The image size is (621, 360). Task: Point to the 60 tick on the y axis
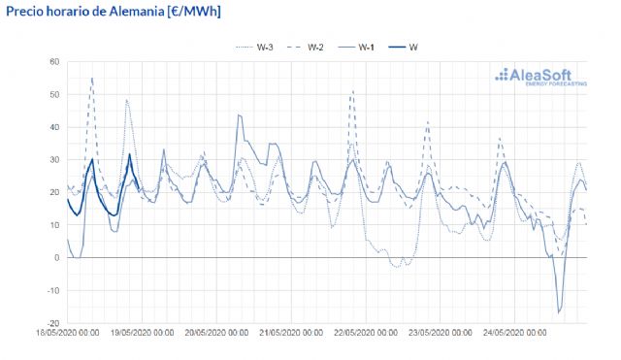[54, 62]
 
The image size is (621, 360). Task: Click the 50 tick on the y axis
[54, 95]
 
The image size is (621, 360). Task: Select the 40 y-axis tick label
[54, 127]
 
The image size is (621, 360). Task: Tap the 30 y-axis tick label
[54, 160]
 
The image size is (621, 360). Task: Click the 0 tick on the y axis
[57, 257]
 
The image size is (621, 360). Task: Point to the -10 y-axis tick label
[52, 290]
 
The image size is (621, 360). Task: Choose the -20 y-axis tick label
[52, 323]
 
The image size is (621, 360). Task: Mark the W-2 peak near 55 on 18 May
[91, 78]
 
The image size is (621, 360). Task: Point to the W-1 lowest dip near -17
[559, 312]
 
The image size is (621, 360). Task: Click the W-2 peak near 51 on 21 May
[352, 91]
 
